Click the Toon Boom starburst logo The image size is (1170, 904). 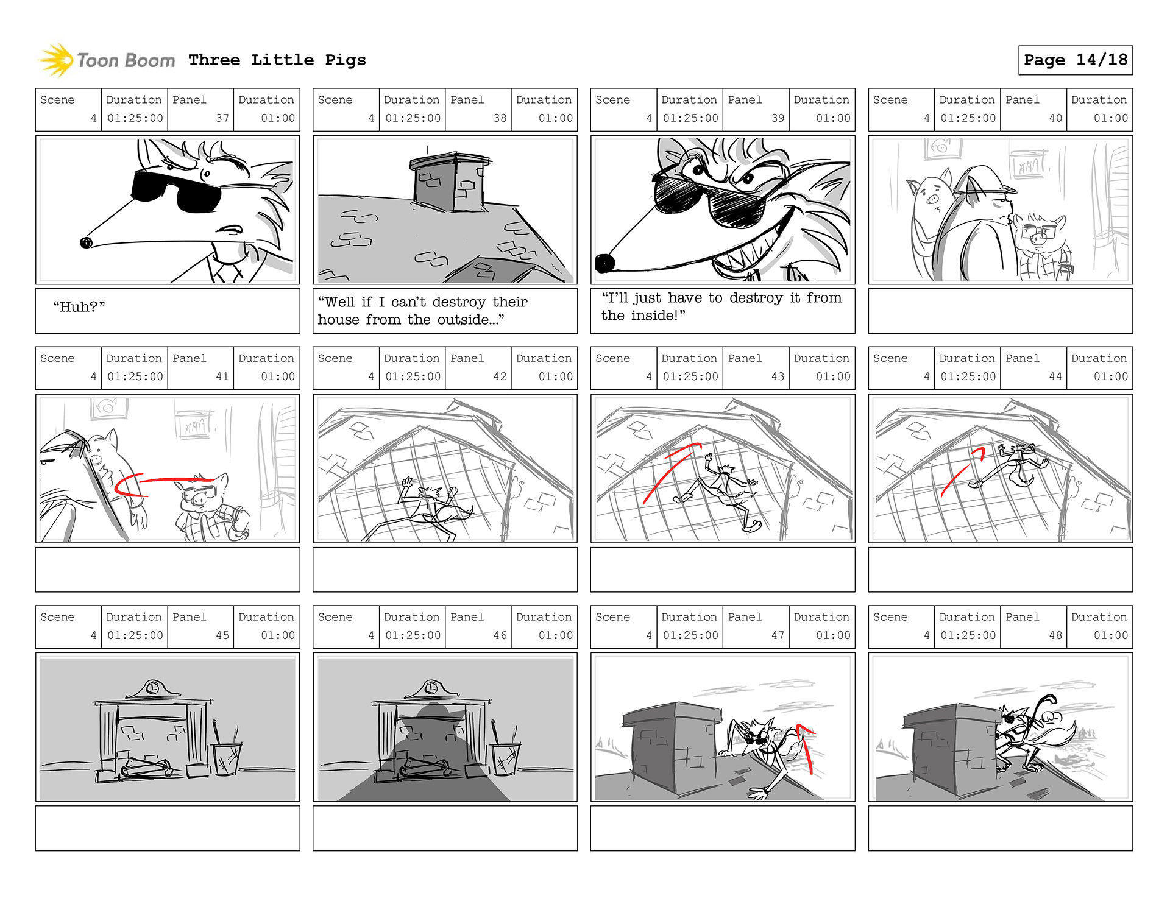click(x=57, y=60)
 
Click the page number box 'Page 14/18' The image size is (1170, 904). click(x=1075, y=60)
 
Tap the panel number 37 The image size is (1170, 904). click(x=222, y=118)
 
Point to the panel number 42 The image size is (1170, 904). click(x=500, y=376)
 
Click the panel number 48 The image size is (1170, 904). click(x=1055, y=635)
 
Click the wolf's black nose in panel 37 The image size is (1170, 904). click(x=86, y=243)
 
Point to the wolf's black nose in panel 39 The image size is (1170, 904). click(x=604, y=263)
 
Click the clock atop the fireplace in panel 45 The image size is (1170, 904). click(x=152, y=688)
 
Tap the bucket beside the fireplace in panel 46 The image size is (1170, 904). click(x=506, y=758)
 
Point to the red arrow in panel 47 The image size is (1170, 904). click(x=806, y=746)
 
